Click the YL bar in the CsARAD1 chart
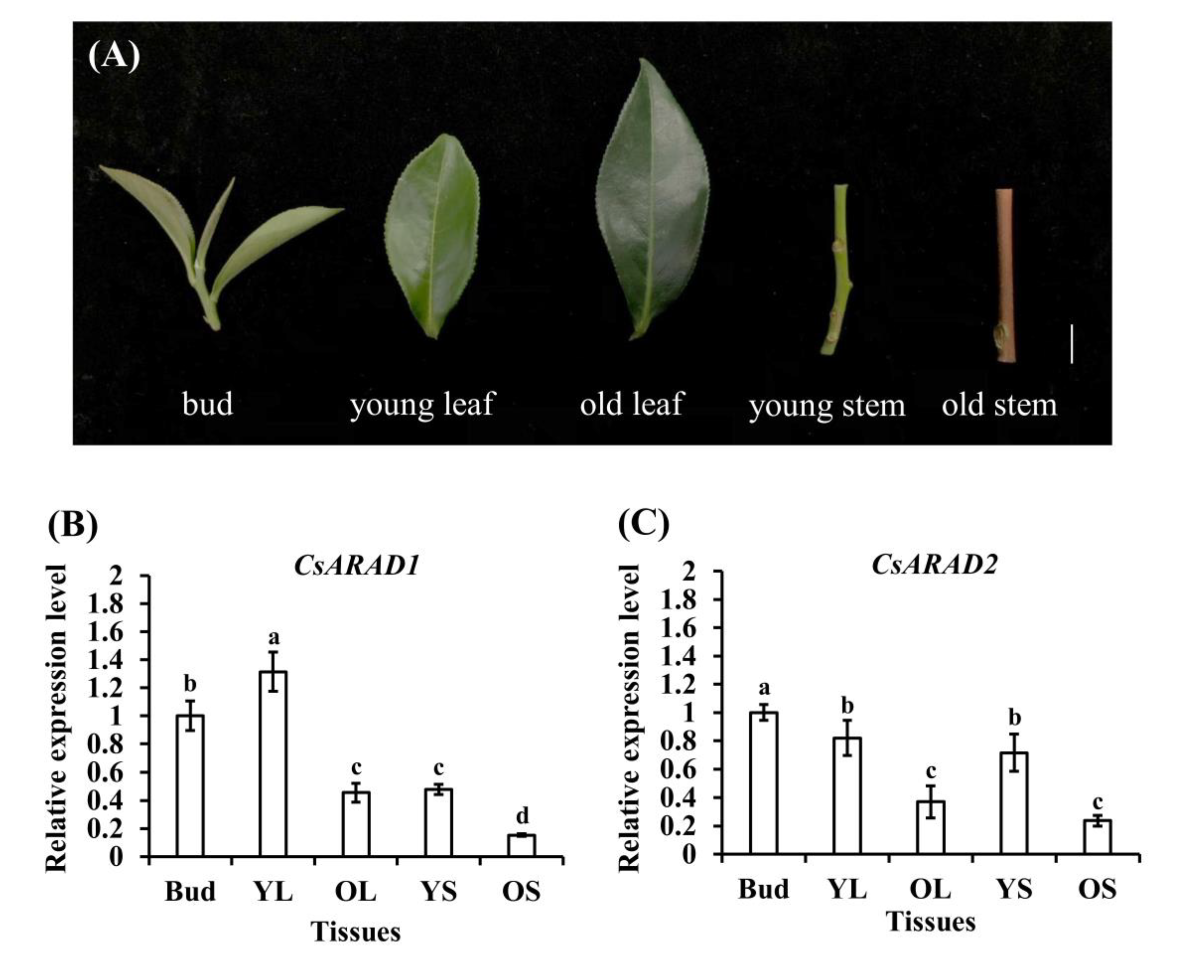[x=273, y=763]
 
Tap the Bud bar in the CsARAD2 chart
[x=763, y=783]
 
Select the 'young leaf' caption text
[x=422, y=404]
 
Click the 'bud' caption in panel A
[x=208, y=404]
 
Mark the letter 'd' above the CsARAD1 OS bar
[x=521, y=814]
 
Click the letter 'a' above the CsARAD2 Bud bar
[x=764, y=688]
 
